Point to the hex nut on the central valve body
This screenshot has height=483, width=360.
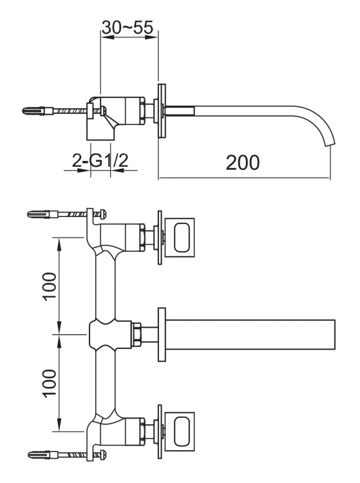[137, 333]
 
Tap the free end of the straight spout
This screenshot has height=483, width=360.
[332, 333]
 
